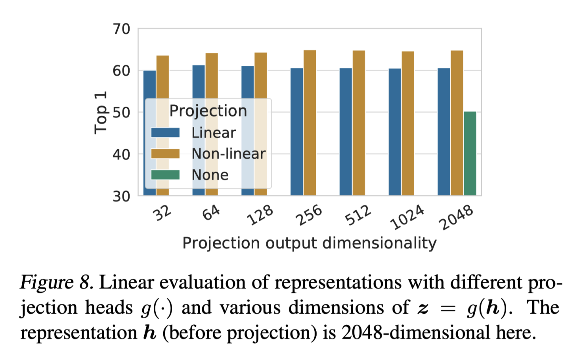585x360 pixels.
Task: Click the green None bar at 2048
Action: click(x=470, y=153)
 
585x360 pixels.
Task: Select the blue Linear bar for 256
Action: click(x=296, y=132)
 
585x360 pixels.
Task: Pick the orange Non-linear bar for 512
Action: click(x=359, y=123)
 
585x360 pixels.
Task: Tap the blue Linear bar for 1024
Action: click(x=394, y=132)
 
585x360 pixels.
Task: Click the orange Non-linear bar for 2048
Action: click(x=457, y=123)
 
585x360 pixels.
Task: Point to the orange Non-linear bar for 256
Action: click(x=310, y=123)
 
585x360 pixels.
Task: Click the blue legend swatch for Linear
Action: click(x=165, y=132)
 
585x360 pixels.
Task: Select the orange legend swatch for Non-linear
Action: click(x=165, y=153)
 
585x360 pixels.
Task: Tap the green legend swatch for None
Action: click(x=165, y=174)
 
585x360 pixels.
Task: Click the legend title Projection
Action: click(x=208, y=111)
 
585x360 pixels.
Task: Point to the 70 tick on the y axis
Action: click(x=121, y=29)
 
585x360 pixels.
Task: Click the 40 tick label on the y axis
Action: click(x=121, y=154)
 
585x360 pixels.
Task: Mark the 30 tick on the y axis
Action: click(x=121, y=196)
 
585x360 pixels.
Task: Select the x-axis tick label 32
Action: click(x=162, y=213)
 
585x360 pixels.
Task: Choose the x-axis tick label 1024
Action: click(x=407, y=217)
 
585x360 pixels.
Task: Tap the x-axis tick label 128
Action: click(x=260, y=215)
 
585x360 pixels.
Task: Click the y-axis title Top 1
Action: click(x=100, y=113)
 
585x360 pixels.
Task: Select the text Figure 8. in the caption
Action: click(x=57, y=283)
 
